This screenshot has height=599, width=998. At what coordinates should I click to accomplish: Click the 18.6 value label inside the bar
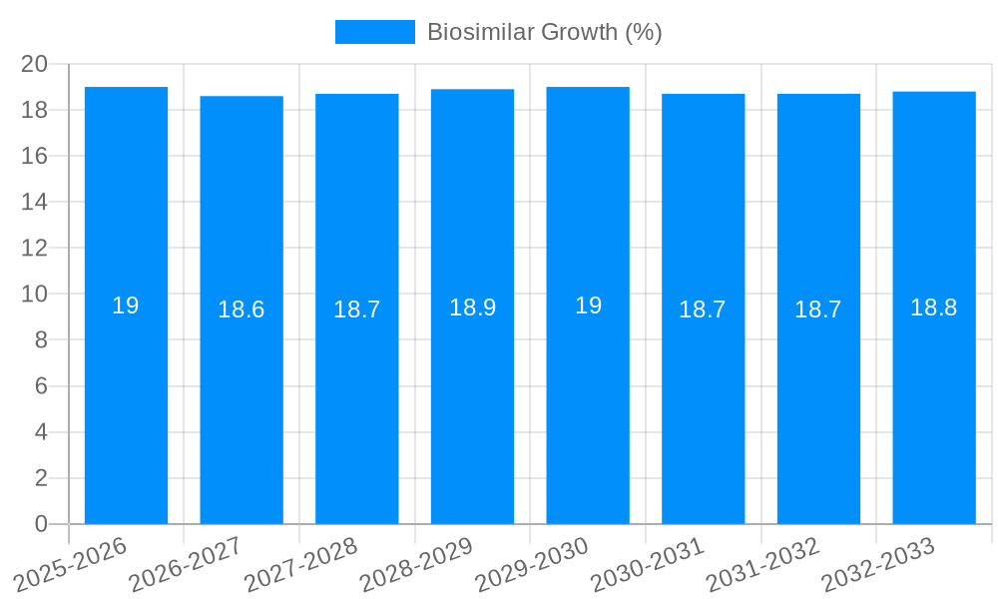point(242,309)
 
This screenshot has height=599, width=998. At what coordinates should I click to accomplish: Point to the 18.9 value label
point(472,307)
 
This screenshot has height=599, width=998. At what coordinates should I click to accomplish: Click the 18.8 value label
point(934,307)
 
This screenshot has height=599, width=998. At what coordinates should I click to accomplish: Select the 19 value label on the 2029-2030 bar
point(588,305)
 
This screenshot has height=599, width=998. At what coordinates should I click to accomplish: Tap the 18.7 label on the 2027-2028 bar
point(356,309)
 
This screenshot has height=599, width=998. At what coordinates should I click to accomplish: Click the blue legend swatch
point(374,32)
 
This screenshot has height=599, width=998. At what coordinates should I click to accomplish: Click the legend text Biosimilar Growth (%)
point(544,32)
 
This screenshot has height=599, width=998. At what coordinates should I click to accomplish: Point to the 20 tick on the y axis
point(34,64)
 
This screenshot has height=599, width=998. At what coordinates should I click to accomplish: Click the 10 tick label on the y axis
point(34,295)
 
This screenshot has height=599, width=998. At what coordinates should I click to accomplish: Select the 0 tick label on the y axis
point(41,524)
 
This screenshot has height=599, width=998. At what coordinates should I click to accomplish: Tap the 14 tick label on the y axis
point(34,202)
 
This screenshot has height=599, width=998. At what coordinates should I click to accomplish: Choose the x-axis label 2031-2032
point(762,565)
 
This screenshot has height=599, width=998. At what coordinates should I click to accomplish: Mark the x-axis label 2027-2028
point(300,565)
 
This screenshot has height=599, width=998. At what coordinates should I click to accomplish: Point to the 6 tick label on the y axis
point(41,386)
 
